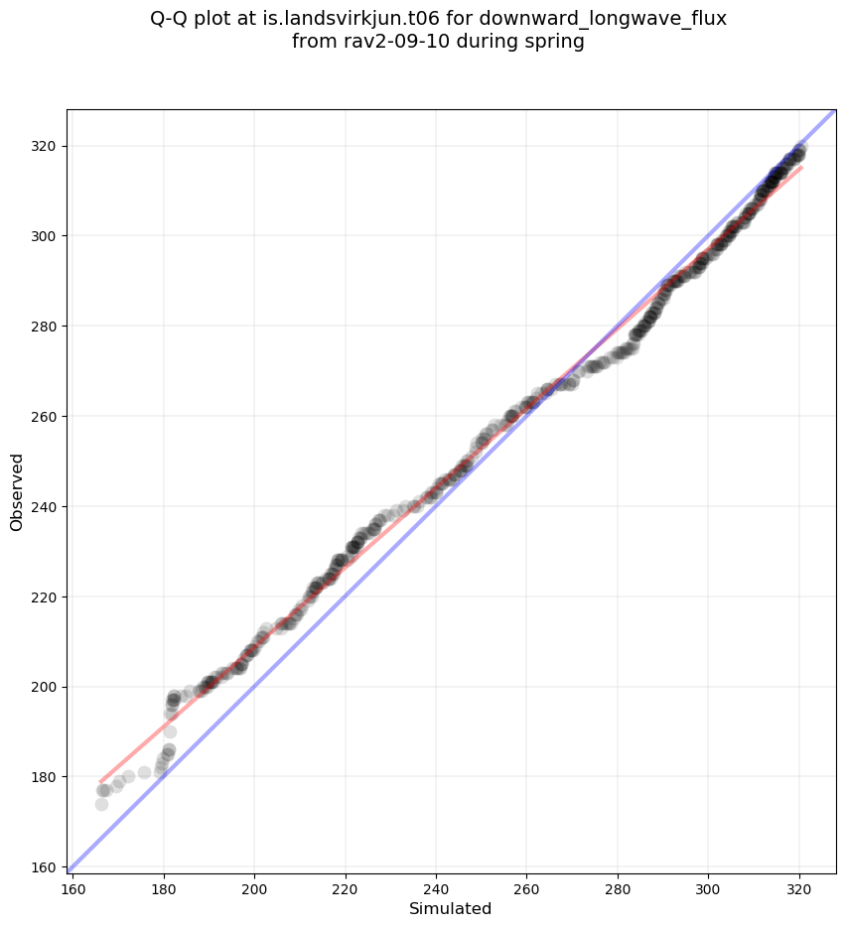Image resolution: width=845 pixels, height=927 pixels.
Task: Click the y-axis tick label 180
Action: (x=43, y=777)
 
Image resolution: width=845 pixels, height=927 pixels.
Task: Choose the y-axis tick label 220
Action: (x=43, y=596)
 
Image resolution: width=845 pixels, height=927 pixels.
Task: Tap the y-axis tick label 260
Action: (x=43, y=416)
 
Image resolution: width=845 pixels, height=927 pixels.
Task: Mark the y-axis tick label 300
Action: (x=43, y=236)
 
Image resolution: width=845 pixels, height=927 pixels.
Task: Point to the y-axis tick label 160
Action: (x=43, y=867)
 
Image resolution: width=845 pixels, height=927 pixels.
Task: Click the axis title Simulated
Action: (x=451, y=909)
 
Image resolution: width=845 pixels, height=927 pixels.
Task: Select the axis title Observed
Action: (x=17, y=491)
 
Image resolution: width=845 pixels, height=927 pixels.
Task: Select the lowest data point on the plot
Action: (x=101, y=804)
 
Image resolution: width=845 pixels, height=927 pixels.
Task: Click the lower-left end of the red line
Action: (x=100, y=781)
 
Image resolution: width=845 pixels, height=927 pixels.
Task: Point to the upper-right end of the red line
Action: (x=801, y=167)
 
